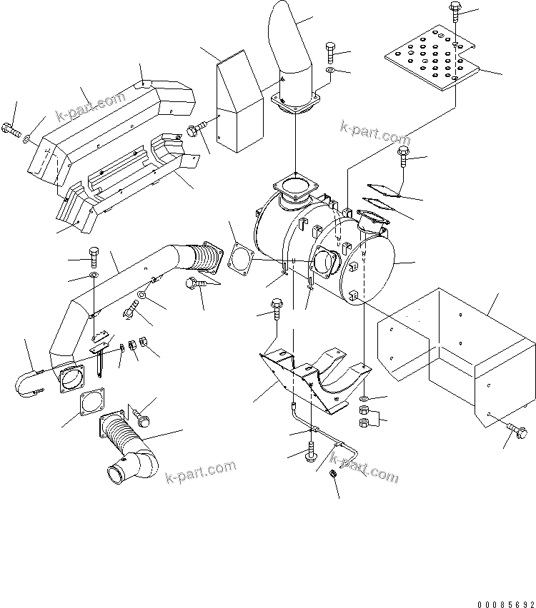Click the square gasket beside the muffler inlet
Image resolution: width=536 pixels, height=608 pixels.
coord(239,258)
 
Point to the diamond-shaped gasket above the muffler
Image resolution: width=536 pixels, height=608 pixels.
coord(380,189)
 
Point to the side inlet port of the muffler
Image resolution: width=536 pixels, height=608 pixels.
coord(325,260)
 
